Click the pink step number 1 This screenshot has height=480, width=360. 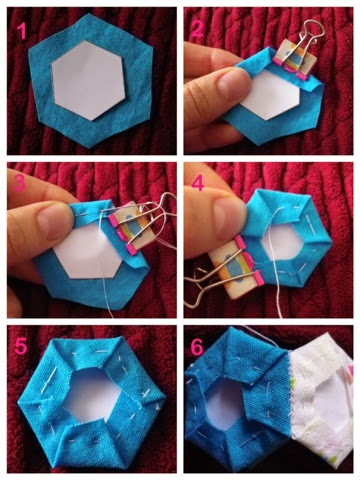point(21,32)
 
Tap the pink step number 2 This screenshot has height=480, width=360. point(198,29)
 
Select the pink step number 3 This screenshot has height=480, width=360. point(19,183)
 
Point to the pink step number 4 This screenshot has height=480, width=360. point(197,183)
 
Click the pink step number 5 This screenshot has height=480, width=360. point(21,346)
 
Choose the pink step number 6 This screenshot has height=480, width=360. point(197,347)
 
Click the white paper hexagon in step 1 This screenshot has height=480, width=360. point(89,80)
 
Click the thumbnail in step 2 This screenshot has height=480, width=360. point(234,81)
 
